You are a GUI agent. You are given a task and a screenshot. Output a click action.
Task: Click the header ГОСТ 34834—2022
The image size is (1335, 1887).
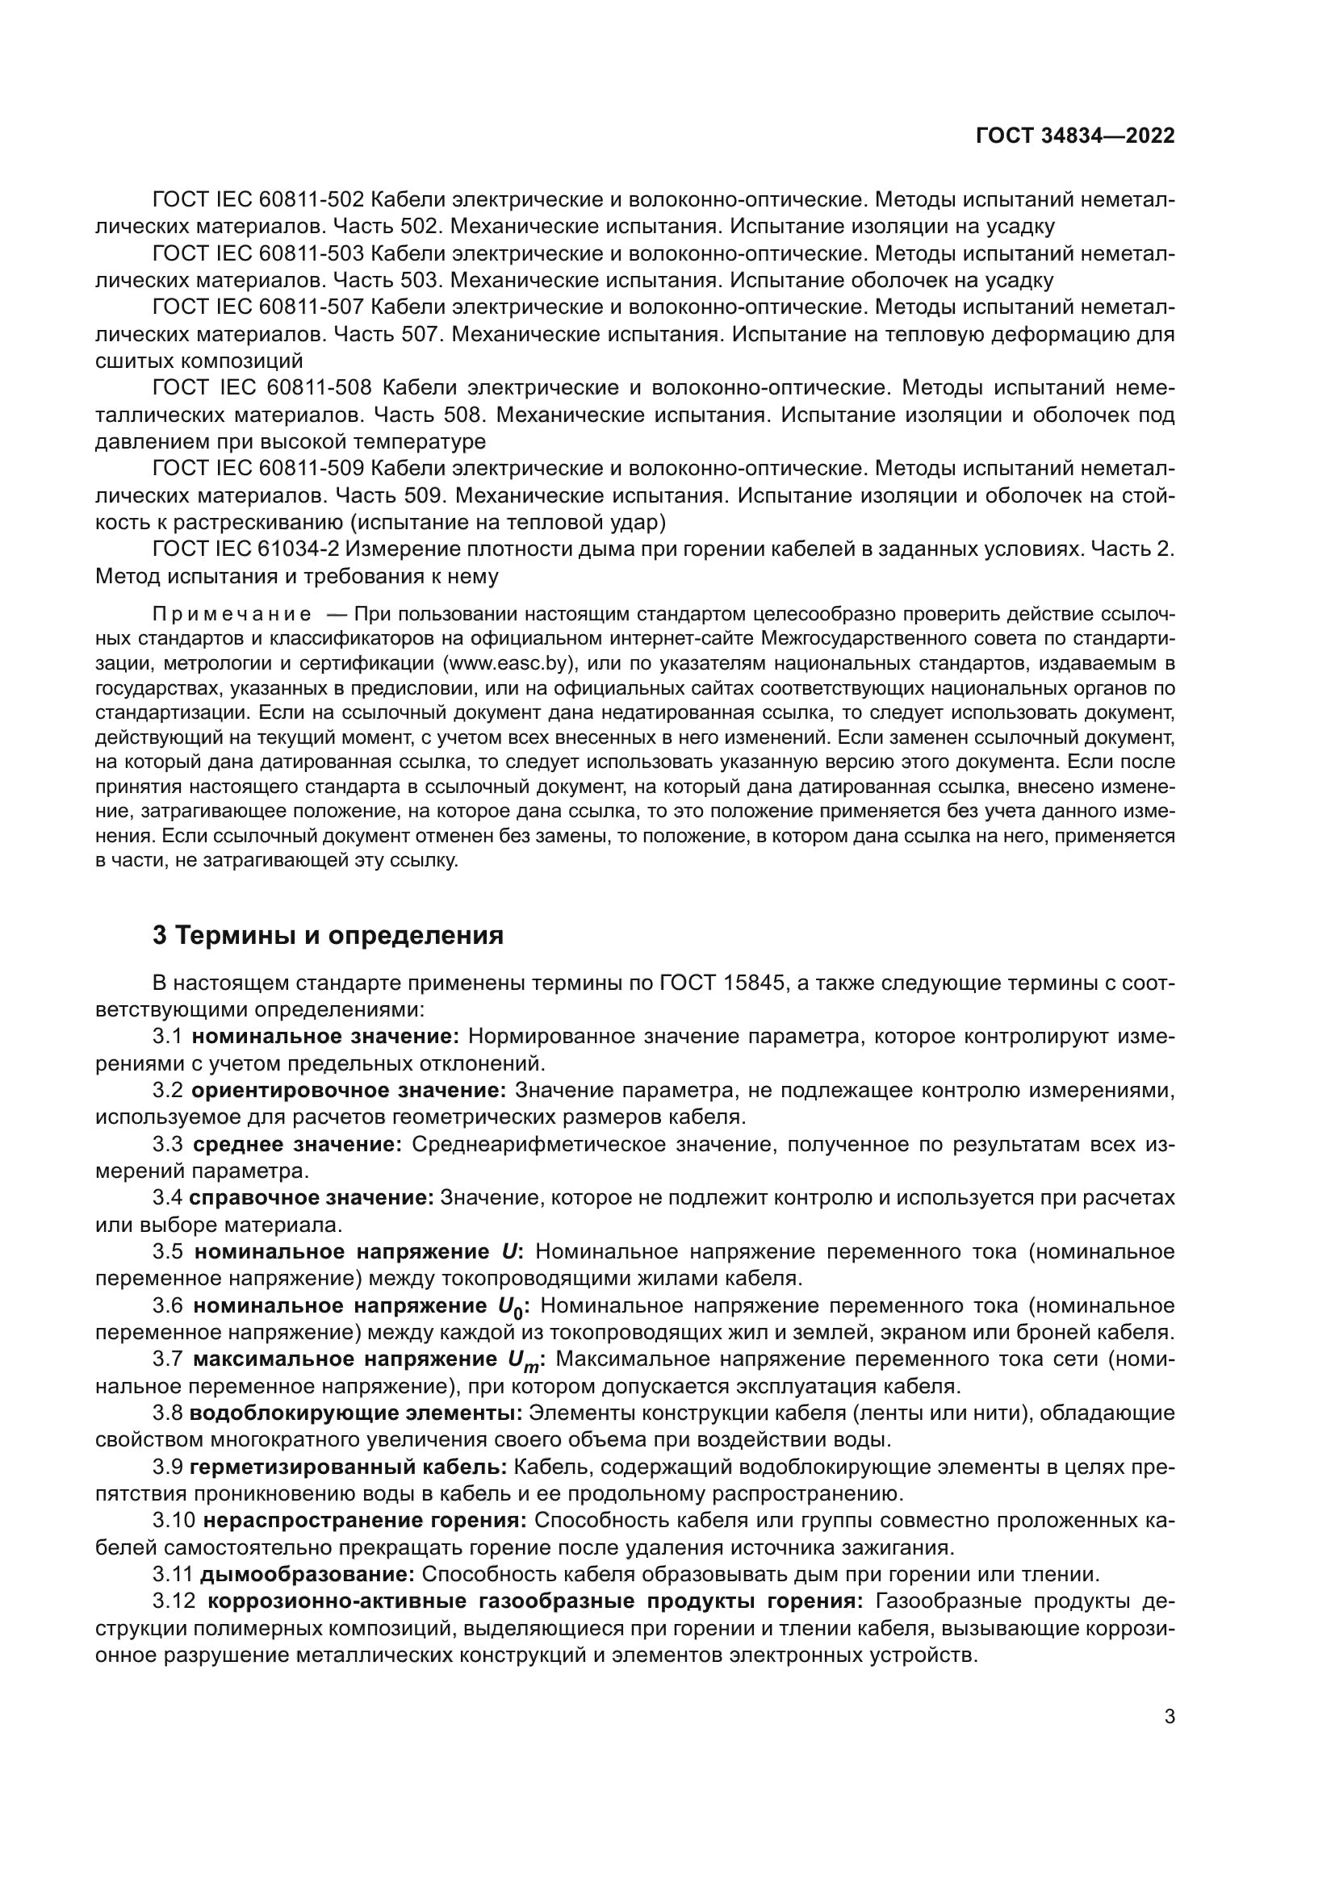coord(1075,136)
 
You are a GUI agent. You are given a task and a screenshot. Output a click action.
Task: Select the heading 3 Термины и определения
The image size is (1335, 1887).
coord(328,935)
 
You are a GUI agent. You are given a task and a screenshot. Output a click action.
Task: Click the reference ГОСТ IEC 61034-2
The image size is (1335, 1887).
coord(252,549)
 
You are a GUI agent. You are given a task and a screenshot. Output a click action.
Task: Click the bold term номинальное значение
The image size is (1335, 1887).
coord(325,1037)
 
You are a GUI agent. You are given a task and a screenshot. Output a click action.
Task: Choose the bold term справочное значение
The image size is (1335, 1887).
coord(311,1198)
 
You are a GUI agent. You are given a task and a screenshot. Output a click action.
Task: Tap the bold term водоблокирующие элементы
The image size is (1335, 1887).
coord(356,1413)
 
